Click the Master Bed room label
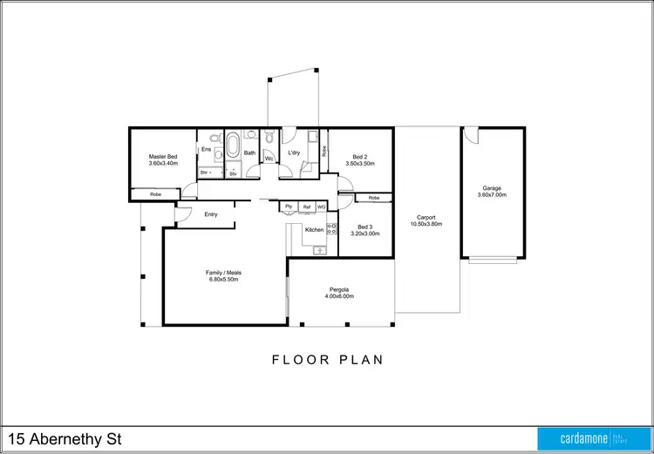(x=163, y=156)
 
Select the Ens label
(x=206, y=150)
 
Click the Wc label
(x=269, y=159)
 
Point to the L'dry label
(x=294, y=152)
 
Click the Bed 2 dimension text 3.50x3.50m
(x=359, y=163)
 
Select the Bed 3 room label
(x=364, y=227)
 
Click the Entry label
(x=210, y=214)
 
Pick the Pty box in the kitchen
(x=288, y=207)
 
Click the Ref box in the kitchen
(x=305, y=207)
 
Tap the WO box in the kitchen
(x=321, y=207)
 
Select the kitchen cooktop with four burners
(x=331, y=230)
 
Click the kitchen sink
(x=320, y=251)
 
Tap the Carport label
(x=426, y=218)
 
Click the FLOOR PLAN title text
(x=327, y=359)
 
